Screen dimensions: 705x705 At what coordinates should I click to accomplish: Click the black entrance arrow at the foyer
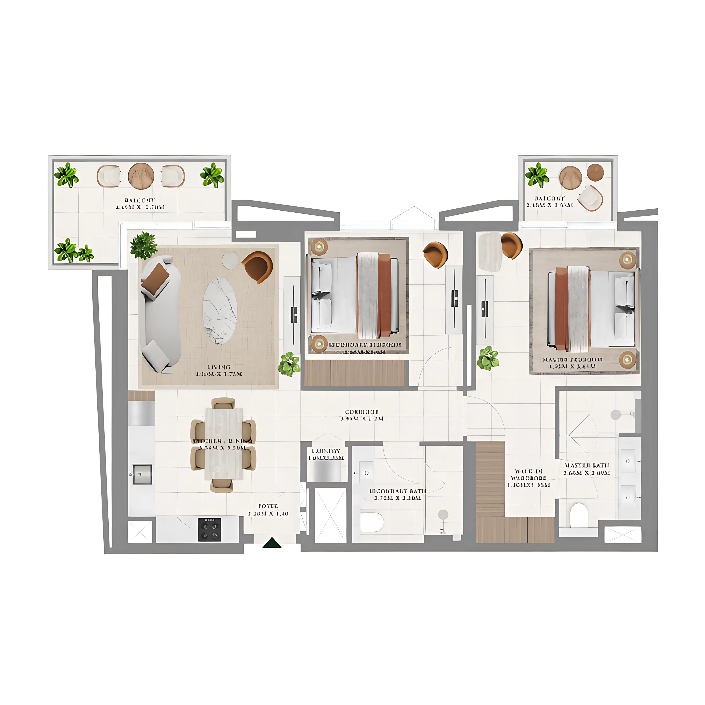[x=272, y=543]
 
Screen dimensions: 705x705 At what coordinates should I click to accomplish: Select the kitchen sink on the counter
[x=142, y=474]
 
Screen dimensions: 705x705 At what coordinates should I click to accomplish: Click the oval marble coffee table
[x=220, y=311]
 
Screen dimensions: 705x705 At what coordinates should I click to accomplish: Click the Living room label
[x=219, y=370]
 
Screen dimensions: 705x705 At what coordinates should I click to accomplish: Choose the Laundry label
[x=326, y=454]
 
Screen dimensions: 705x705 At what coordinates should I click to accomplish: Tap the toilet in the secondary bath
[x=372, y=522]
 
